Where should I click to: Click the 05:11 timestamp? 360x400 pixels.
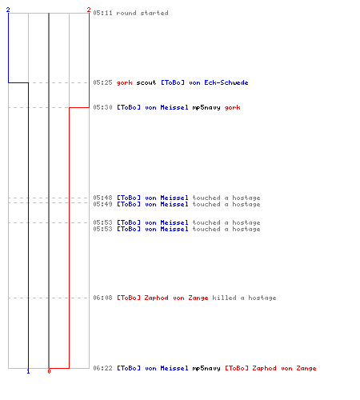click(x=102, y=13)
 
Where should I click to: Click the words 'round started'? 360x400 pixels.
click(x=142, y=13)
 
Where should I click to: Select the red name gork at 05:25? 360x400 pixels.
click(x=124, y=82)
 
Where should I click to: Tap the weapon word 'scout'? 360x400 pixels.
click(x=146, y=82)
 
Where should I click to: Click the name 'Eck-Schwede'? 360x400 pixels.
click(x=226, y=82)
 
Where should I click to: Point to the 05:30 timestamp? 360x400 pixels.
click(x=102, y=107)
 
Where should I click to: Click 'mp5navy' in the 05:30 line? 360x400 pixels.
click(x=206, y=108)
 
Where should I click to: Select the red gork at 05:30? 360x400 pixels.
click(x=232, y=107)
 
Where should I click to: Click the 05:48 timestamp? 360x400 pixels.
click(x=102, y=198)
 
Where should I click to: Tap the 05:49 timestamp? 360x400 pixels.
click(x=102, y=204)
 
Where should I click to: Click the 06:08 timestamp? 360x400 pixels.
click(x=102, y=298)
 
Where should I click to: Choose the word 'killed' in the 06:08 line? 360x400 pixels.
click(x=224, y=298)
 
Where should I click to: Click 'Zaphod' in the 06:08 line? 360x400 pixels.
click(x=156, y=298)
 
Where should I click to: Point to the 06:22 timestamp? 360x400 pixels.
click(x=102, y=368)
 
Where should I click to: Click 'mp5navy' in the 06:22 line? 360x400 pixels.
click(x=206, y=369)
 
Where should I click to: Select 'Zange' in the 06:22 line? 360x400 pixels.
click(x=306, y=369)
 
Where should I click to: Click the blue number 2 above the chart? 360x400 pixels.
click(x=8, y=10)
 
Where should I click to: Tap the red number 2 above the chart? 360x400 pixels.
click(x=89, y=10)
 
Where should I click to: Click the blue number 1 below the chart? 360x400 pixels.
click(x=28, y=371)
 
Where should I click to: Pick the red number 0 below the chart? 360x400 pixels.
click(x=49, y=371)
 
